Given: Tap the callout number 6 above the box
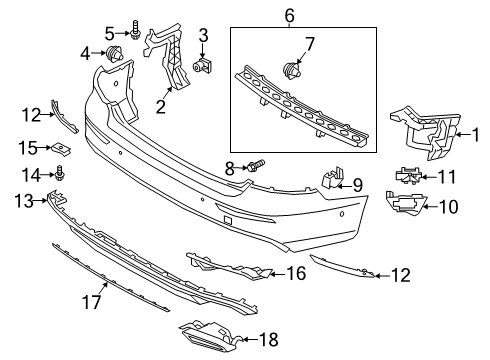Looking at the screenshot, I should click(289, 15).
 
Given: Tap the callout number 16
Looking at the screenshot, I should click(295, 272).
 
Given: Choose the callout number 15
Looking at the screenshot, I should click(27, 148).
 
